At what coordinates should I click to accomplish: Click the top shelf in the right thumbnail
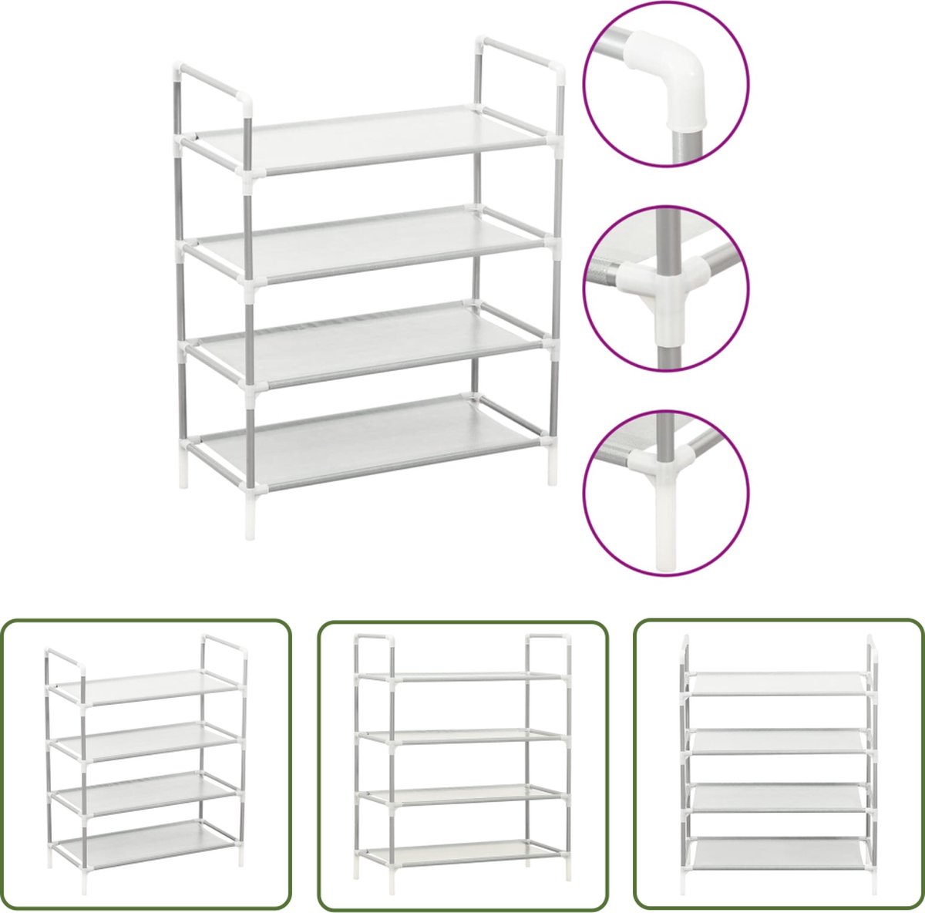(x=779, y=682)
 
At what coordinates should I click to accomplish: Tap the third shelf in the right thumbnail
(x=779, y=797)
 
